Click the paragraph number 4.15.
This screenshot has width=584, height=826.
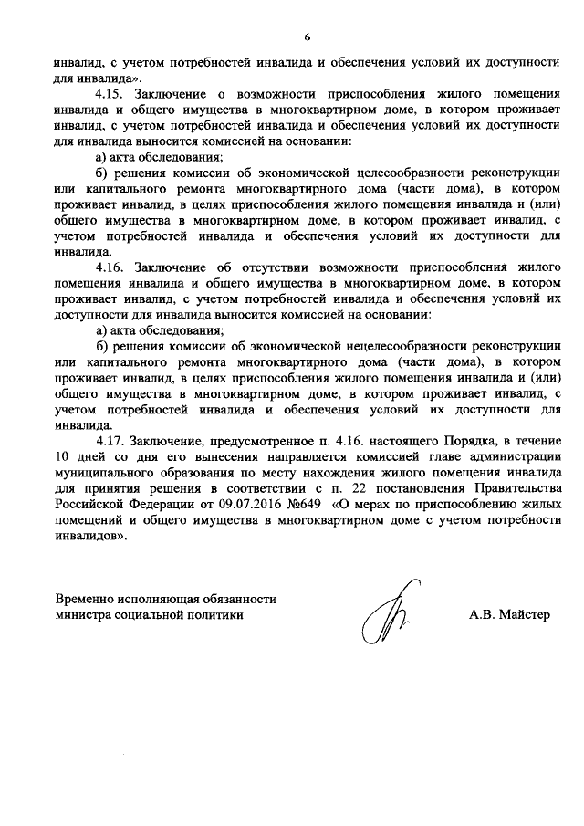(109, 94)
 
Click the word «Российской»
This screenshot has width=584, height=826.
(86, 505)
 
